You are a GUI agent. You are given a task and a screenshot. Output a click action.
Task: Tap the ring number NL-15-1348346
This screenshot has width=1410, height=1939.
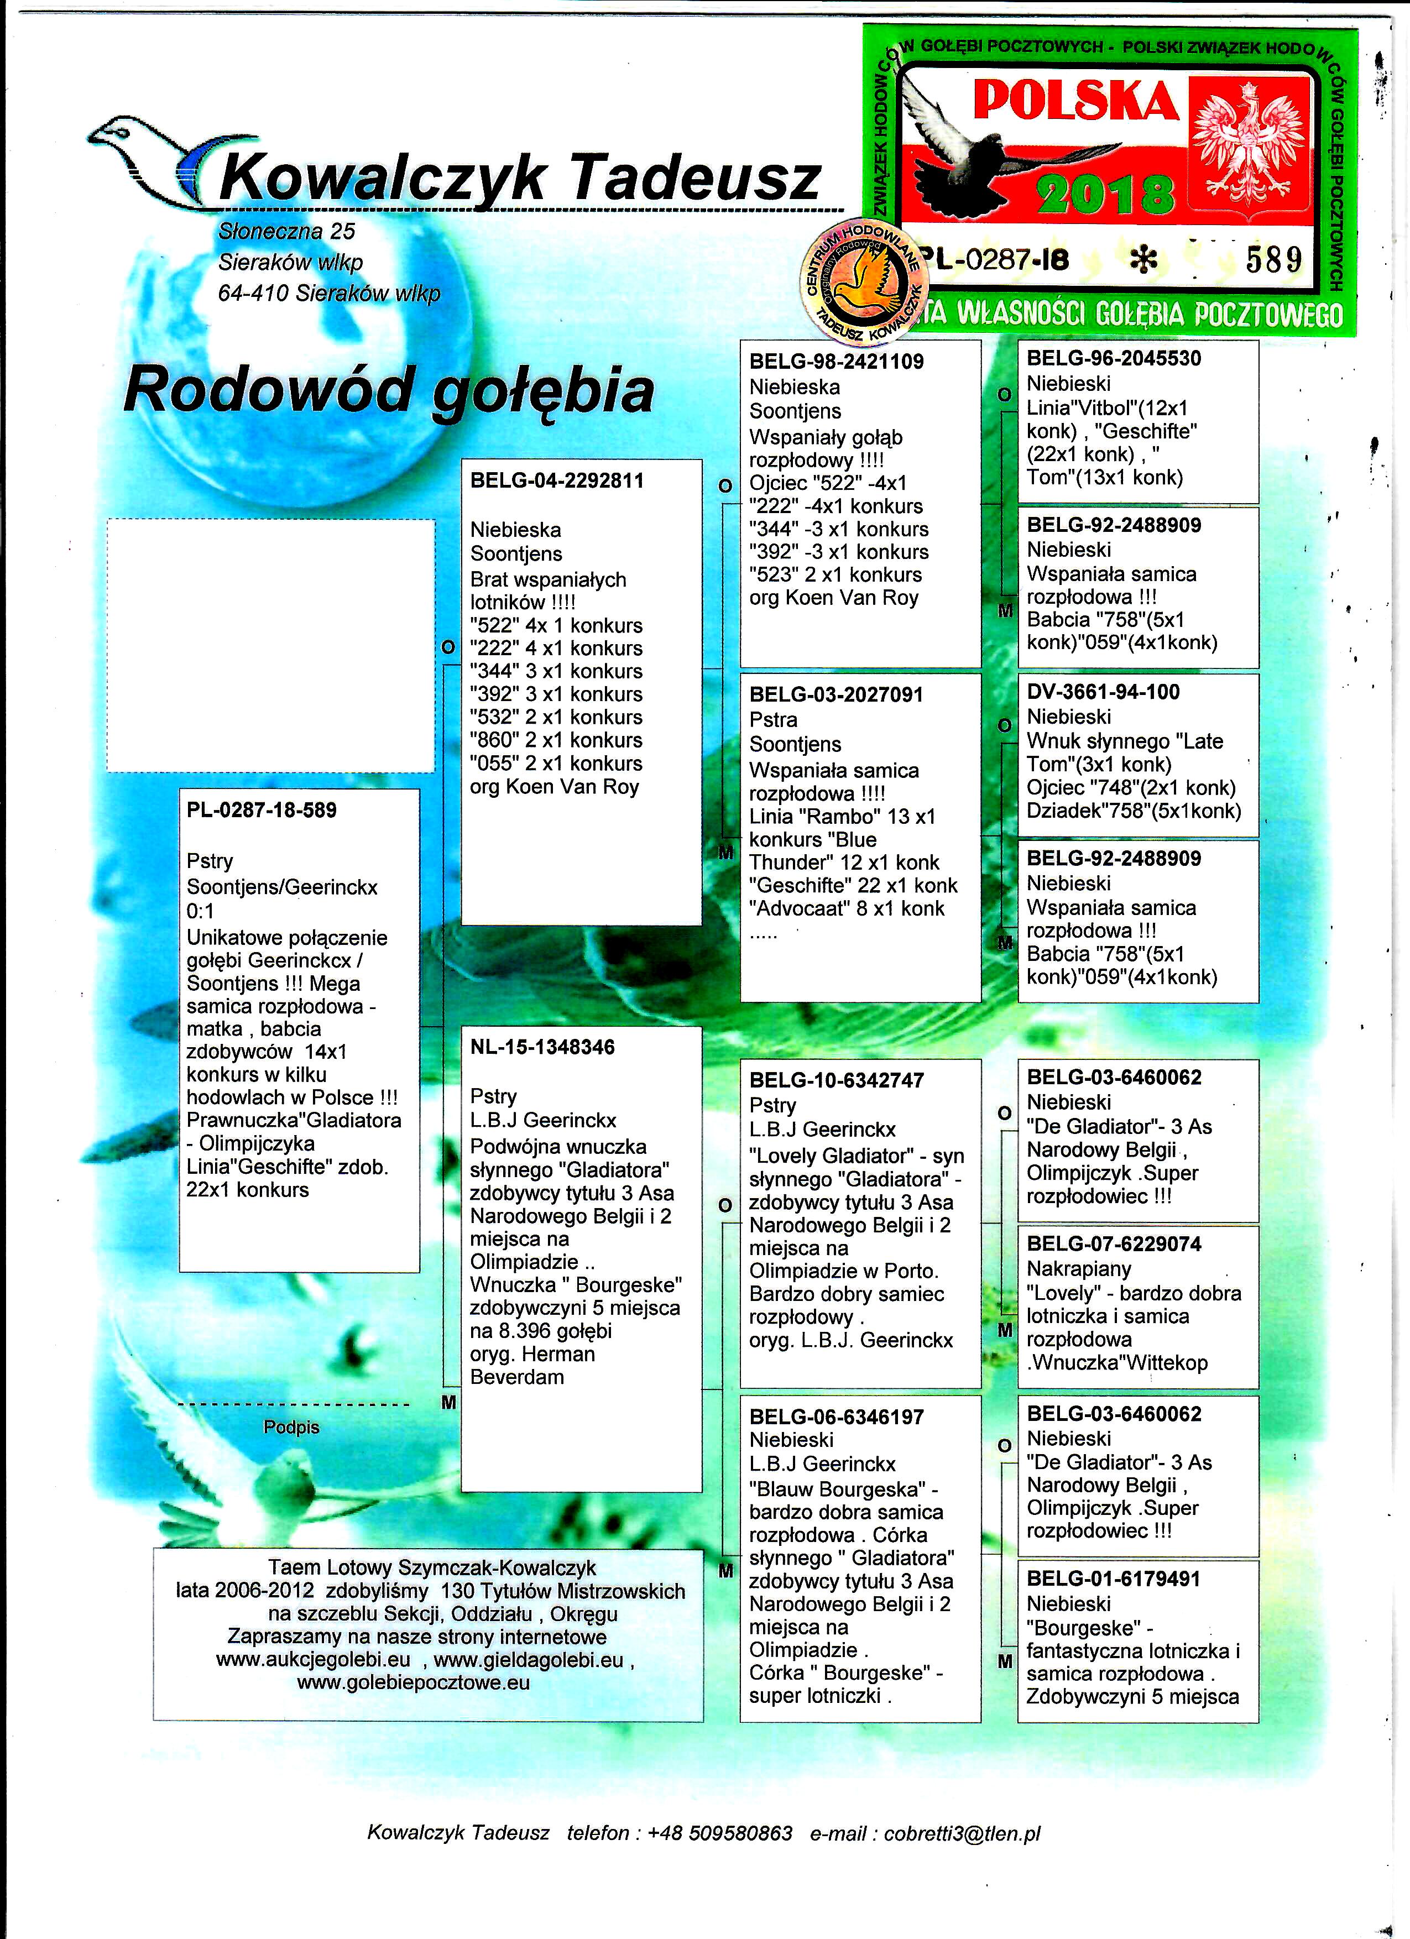click(x=542, y=1047)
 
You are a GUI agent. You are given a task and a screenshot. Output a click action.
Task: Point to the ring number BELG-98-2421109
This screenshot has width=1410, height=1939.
click(x=836, y=361)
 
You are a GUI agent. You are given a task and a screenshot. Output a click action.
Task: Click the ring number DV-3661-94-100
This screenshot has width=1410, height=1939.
click(x=1103, y=692)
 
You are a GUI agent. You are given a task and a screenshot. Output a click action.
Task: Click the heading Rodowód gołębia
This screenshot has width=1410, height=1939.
click(x=389, y=390)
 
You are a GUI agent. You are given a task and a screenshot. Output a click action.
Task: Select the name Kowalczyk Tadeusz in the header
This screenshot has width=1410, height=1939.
click(x=520, y=178)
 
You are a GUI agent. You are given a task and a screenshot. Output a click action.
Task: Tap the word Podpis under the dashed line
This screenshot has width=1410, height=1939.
click(x=291, y=1427)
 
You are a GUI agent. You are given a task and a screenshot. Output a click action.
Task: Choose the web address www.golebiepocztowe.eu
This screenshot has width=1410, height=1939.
click(x=413, y=1682)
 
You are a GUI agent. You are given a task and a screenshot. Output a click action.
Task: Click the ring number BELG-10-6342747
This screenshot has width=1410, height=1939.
click(x=836, y=1080)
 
